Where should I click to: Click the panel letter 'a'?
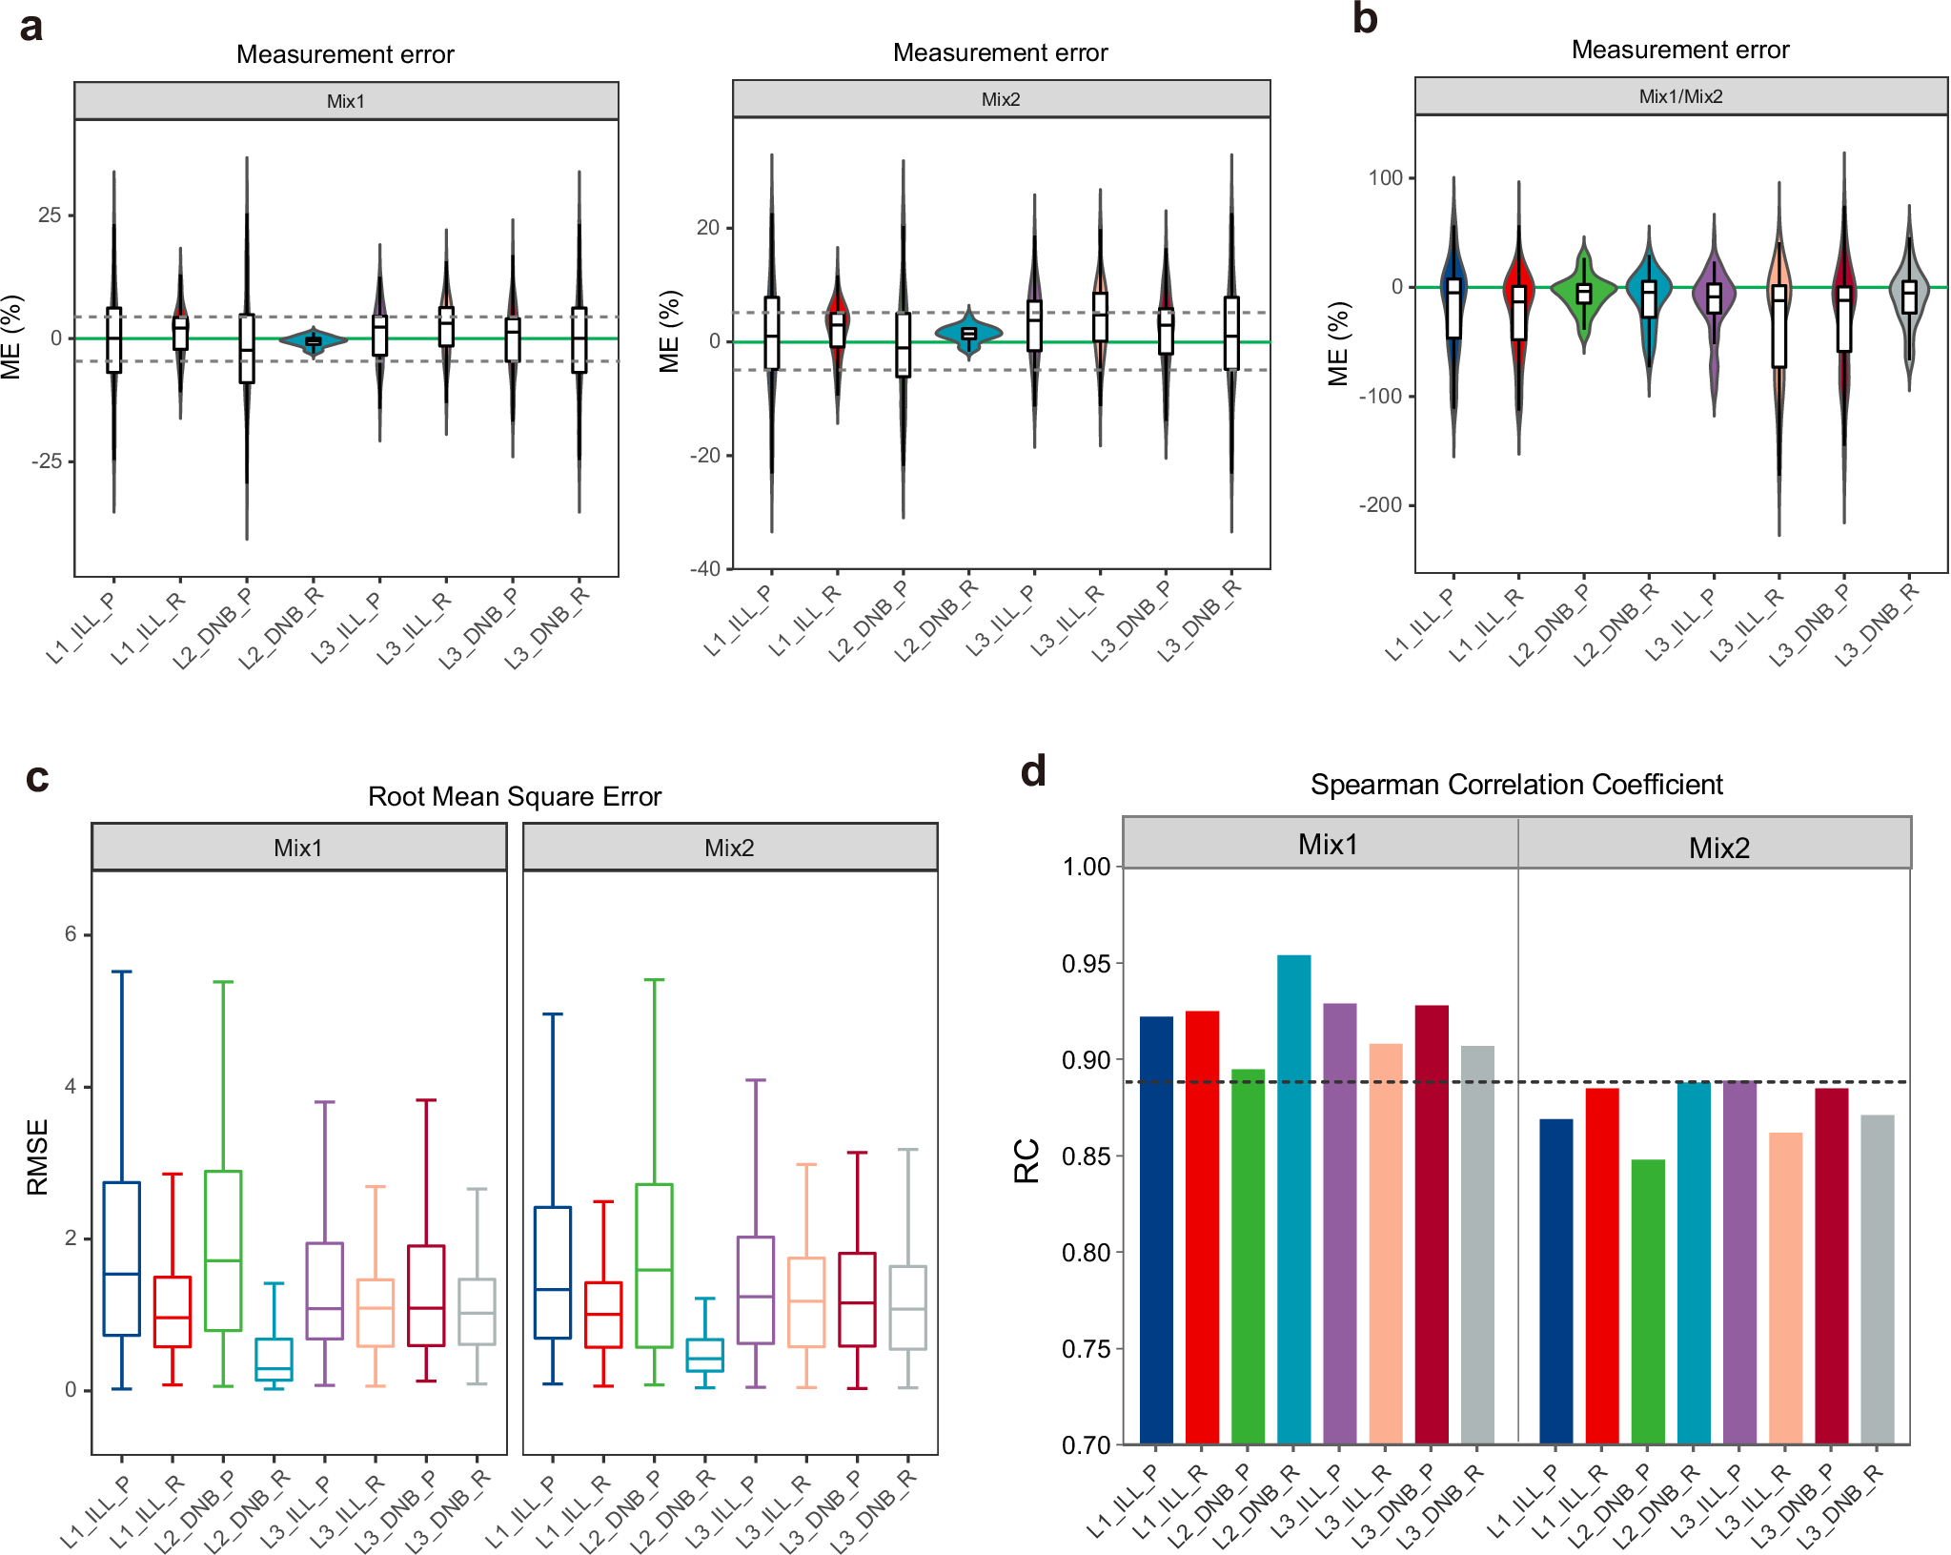pyautogui.click(x=31, y=27)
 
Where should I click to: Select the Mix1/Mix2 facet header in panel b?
pyautogui.click(x=1679, y=96)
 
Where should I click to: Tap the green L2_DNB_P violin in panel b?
pyautogui.click(x=1584, y=291)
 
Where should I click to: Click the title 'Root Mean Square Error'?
pyautogui.click(x=514, y=796)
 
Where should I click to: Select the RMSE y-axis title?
pyautogui.click(x=37, y=1156)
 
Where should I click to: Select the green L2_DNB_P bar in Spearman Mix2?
pyautogui.click(x=1648, y=1300)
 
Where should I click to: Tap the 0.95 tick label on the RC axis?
pyautogui.click(x=1086, y=964)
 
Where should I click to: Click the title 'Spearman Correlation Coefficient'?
pyautogui.click(x=1515, y=785)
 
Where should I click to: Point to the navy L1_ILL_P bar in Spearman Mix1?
pyautogui.click(x=1156, y=1230)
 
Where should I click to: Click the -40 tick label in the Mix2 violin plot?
pyautogui.click(x=706, y=569)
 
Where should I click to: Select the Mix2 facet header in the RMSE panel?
pyautogui.click(x=729, y=848)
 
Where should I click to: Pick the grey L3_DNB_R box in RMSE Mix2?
pyautogui.click(x=907, y=1307)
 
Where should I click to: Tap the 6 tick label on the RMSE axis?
pyautogui.click(x=71, y=934)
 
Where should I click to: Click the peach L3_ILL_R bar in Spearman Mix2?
pyautogui.click(x=1785, y=1287)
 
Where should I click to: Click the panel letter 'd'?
pyautogui.click(x=1033, y=771)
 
